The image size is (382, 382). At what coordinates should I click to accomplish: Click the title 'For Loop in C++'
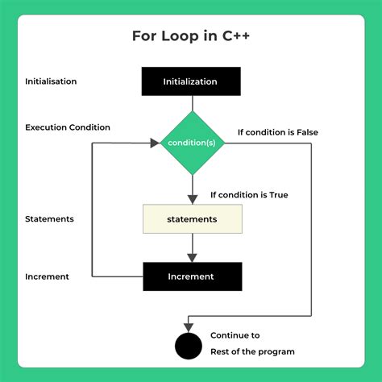191,37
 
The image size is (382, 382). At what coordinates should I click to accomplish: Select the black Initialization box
191,81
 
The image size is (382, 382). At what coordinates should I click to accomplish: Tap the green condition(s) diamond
191,143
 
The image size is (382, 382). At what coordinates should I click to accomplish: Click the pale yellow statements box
191,218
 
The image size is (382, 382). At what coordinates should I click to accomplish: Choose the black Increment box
191,276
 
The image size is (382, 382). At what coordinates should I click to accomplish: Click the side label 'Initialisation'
52,81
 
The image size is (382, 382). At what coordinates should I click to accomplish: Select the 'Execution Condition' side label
68,127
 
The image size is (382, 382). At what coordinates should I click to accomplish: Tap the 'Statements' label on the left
50,218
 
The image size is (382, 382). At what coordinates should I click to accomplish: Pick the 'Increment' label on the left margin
47,276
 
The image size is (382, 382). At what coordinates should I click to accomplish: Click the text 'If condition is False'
278,132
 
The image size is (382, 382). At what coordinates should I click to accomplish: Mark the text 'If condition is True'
249,195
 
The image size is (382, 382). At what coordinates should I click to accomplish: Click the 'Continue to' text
235,335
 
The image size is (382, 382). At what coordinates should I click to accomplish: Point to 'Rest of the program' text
252,351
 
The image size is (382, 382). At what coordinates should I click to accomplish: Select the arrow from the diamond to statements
191,190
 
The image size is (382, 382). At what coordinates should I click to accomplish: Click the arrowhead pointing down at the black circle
188,326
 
